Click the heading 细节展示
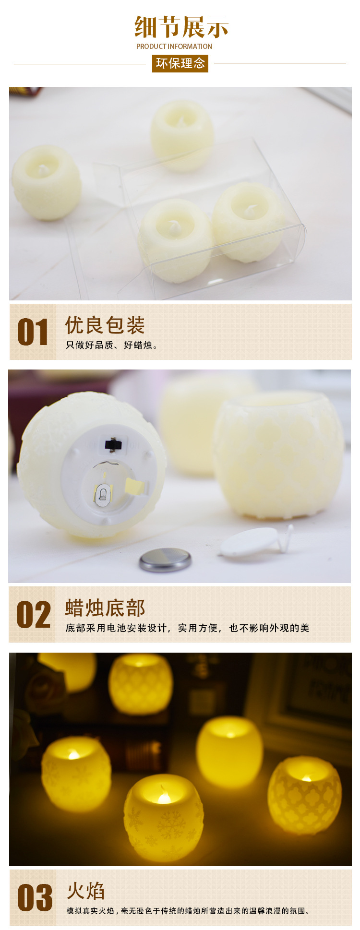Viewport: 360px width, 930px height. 181,27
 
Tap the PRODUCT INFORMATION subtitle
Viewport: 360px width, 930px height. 174,47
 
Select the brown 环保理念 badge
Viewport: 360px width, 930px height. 180,63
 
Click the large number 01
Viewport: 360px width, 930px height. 33,332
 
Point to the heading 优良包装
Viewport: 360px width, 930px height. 105,325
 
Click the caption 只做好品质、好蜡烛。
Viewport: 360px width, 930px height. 112,345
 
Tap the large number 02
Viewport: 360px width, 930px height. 34,615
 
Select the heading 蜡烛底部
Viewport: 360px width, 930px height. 105,608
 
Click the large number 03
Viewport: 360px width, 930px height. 35,898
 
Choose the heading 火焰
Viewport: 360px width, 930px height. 86,891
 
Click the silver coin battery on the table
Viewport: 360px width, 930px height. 165,560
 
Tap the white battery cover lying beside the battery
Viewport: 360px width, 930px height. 255,543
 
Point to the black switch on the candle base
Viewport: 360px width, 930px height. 113,444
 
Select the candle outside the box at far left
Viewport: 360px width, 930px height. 47,183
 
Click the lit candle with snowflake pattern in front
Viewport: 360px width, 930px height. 164,817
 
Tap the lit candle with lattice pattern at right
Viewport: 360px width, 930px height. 305,796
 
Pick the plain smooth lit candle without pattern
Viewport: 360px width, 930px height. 229,752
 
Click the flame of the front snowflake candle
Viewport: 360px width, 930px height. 164,795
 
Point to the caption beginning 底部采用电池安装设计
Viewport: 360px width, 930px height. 187,628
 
